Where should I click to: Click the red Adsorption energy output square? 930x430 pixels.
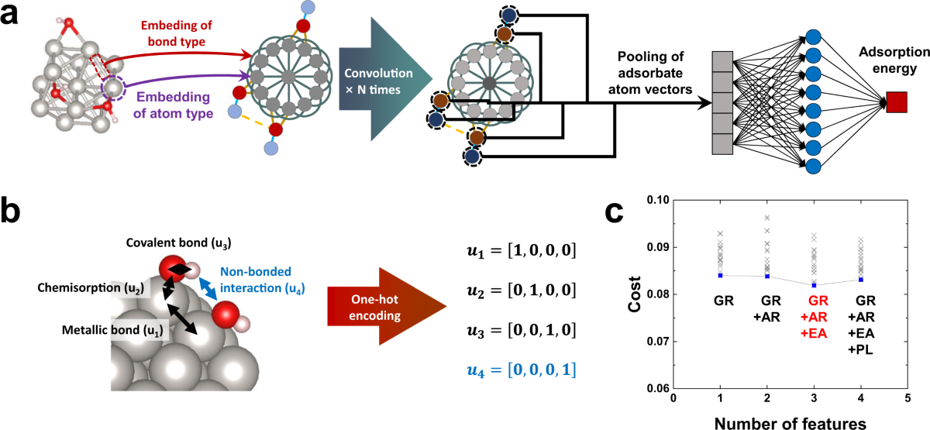(x=897, y=102)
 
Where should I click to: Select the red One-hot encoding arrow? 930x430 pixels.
(x=387, y=307)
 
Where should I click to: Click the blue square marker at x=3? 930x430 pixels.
(x=815, y=285)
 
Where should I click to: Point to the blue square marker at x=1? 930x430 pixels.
(x=720, y=275)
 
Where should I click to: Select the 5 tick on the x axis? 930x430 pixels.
(x=908, y=398)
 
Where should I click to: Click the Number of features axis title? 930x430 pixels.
(x=790, y=423)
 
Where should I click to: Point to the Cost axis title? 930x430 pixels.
(x=635, y=294)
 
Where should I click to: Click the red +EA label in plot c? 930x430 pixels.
(x=814, y=333)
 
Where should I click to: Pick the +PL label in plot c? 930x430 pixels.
(x=860, y=350)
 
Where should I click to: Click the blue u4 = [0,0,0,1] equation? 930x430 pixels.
(x=522, y=370)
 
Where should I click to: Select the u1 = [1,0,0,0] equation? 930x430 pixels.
(x=522, y=251)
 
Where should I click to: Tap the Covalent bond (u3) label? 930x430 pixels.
(x=178, y=243)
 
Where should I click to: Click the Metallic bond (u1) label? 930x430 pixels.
(x=112, y=330)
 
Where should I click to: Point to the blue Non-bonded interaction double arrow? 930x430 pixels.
(x=208, y=289)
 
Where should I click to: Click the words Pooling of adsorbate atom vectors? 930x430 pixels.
(x=650, y=73)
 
